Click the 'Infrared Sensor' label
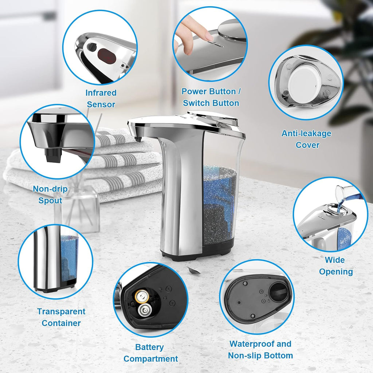point(101,99)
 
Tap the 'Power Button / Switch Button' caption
point(211,97)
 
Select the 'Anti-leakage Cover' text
point(306,139)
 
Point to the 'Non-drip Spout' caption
point(50,195)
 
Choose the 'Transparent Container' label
point(61,317)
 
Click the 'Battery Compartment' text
point(150,353)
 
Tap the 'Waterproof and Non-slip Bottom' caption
point(260,350)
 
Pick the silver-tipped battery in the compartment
point(145,311)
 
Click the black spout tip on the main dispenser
point(138,139)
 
